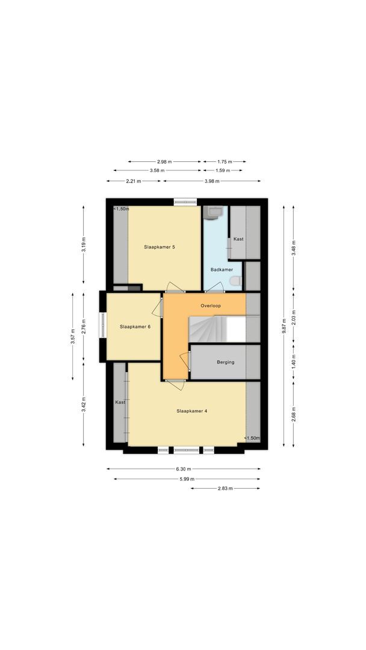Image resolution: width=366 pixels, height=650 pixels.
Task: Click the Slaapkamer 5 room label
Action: [x=160, y=247]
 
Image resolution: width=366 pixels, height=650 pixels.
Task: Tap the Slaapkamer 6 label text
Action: [x=135, y=326]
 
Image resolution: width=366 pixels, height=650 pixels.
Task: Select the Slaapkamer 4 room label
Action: [x=192, y=411]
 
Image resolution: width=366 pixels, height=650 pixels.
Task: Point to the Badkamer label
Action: [x=222, y=270]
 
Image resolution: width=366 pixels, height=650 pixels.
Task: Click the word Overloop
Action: [x=211, y=305]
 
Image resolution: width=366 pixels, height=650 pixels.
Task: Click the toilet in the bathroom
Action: [x=235, y=280]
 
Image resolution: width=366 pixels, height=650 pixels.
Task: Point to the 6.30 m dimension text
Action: [x=184, y=469]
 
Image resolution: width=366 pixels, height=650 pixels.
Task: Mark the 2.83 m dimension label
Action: [x=226, y=488]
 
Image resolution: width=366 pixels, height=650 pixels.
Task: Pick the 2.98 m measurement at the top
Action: [x=164, y=161]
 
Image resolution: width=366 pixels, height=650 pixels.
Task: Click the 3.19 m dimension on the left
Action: [x=84, y=244]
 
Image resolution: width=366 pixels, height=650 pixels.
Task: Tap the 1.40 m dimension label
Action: [x=294, y=361]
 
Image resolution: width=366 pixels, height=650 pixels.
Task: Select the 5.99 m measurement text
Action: [x=187, y=479]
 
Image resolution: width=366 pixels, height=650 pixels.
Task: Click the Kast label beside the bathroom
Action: [x=238, y=239]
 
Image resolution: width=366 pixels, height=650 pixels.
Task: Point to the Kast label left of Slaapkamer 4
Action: [x=120, y=402]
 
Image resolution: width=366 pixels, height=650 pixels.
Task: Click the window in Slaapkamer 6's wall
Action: [x=102, y=327]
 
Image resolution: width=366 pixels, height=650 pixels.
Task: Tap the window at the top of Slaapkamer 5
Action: [x=185, y=202]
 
